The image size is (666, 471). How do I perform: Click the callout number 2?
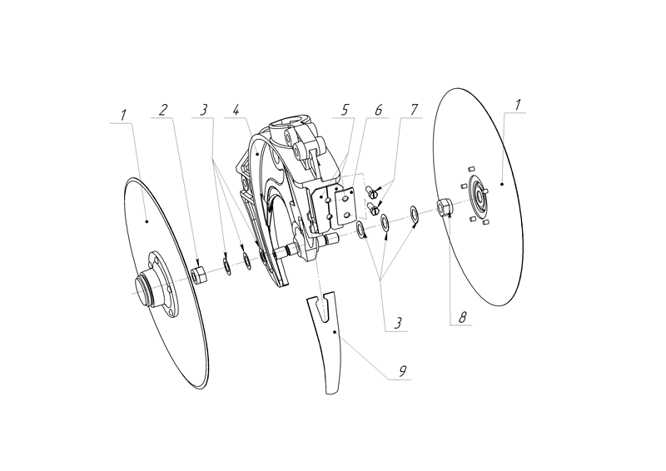[x=163, y=110]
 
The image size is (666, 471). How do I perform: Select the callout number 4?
[x=237, y=110]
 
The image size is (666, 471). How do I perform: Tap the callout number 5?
[x=345, y=110]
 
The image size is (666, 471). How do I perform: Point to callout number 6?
[x=378, y=110]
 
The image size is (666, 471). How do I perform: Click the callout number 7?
[x=414, y=110]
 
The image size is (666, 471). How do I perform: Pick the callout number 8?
[x=462, y=317]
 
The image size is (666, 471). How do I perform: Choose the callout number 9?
[x=403, y=371]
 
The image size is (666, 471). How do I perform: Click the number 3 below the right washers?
[x=398, y=323]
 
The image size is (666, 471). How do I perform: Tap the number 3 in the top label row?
[x=204, y=110]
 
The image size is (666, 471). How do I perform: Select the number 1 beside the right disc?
[x=517, y=105]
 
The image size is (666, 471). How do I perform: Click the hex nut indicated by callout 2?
[x=198, y=275]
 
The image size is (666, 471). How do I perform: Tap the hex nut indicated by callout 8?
[x=445, y=206]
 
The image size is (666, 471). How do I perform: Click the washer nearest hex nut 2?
[x=227, y=265]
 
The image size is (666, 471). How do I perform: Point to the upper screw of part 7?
[x=370, y=191]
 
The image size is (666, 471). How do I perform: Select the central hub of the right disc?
[x=479, y=195]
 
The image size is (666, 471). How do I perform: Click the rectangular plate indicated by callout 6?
[x=345, y=207]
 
